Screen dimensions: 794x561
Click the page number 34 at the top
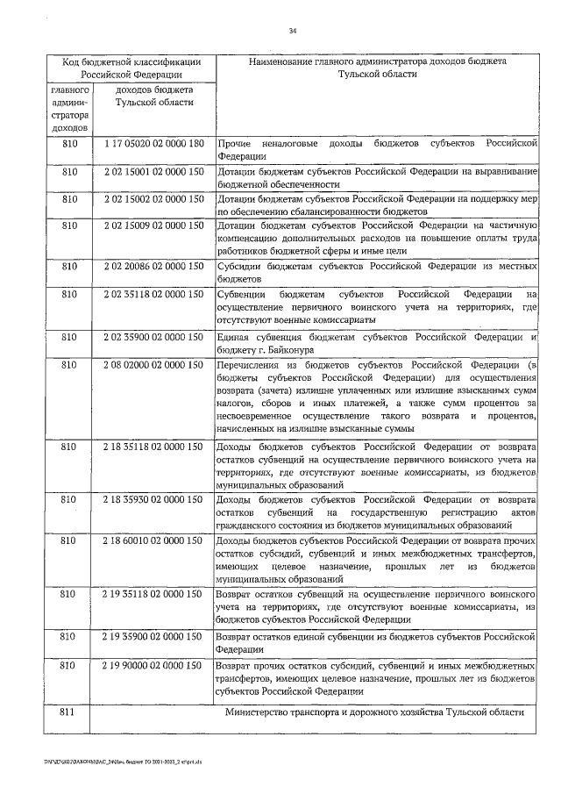tap(294, 32)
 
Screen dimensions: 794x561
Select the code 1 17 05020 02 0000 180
tap(153, 143)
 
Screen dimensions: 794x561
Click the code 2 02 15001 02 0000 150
tap(153, 173)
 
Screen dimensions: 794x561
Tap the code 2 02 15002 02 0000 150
tap(153, 200)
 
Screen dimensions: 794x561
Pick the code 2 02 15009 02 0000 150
tap(153, 226)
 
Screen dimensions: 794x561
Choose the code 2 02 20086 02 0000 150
tap(153, 266)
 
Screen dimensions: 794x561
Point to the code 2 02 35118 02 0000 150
tap(153, 295)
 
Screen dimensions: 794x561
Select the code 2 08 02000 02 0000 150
tap(153, 364)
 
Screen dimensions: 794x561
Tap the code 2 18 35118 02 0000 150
tap(153, 447)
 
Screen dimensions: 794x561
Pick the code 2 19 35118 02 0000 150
tap(153, 594)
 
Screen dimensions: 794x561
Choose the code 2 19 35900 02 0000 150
tap(153, 635)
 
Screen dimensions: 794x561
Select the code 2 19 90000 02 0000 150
tap(153, 666)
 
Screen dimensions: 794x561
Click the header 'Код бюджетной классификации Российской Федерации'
tap(131, 68)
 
